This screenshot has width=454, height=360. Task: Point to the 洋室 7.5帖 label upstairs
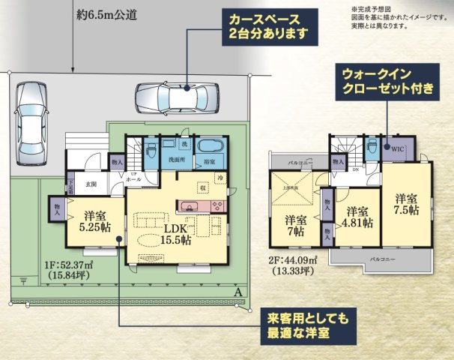(408, 205)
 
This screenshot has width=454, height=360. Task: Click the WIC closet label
(398, 148)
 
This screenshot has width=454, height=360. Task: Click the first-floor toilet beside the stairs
(151, 145)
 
